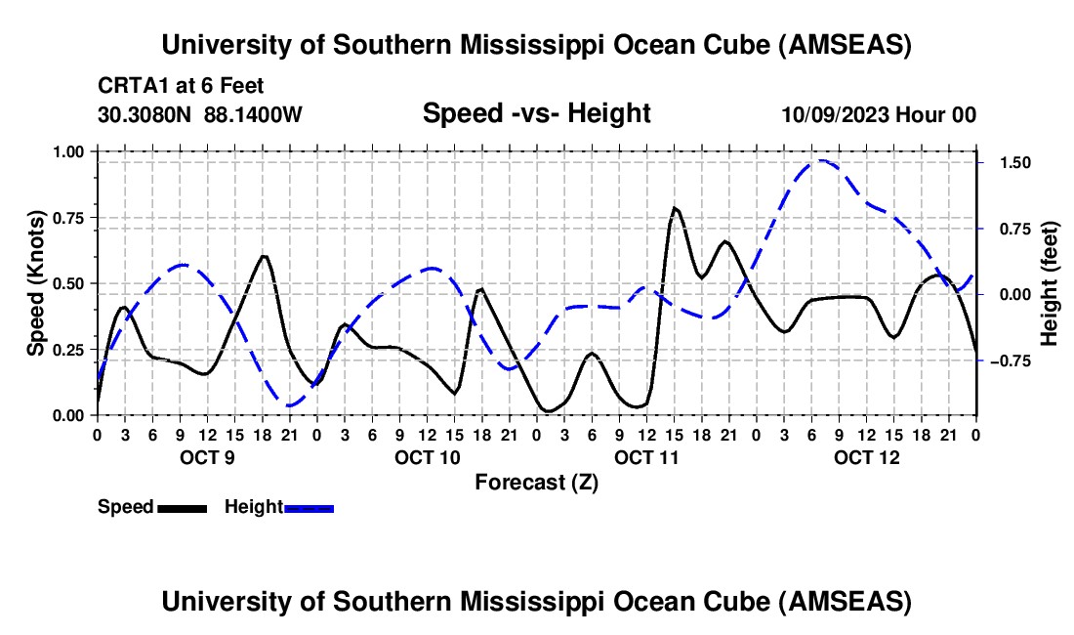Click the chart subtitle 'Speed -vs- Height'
(x=536, y=113)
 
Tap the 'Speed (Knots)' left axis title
(x=36, y=283)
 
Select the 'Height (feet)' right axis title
(x=1050, y=283)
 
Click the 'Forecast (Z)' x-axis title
(x=536, y=482)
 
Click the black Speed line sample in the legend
(x=182, y=507)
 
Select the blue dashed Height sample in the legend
(x=310, y=507)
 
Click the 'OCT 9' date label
(x=206, y=457)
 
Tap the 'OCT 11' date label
(x=646, y=457)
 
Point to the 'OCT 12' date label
(x=866, y=457)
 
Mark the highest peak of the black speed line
(x=675, y=208)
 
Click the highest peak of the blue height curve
(x=822, y=160)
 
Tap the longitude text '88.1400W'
(x=253, y=114)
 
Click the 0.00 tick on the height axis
(x=1006, y=294)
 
